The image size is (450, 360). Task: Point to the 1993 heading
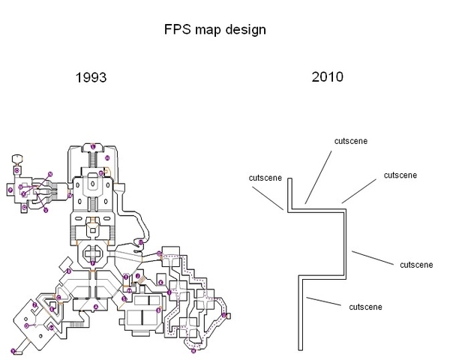(x=90, y=77)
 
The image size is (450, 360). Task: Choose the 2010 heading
(x=327, y=77)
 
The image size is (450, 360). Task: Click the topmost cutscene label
(x=351, y=140)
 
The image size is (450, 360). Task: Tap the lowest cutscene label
(x=366, y=306)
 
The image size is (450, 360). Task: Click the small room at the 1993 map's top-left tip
(x=16, y=158)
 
